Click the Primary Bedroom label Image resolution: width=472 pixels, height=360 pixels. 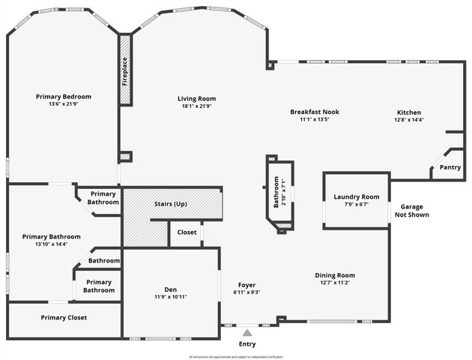64,97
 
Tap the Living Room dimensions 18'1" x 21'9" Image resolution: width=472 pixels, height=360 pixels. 196,106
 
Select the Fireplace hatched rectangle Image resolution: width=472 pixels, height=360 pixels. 125,70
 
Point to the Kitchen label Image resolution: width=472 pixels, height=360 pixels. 408,112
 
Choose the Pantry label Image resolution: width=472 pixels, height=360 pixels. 450,167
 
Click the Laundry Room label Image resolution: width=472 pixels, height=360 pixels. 357,196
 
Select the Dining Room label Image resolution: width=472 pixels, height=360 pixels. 334,275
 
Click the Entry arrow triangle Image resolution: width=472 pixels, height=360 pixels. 247,332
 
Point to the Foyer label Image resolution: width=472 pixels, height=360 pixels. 247,285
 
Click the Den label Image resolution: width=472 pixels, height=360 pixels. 171,289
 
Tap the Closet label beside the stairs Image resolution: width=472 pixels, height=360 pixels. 187,232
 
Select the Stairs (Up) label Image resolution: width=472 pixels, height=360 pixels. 170,204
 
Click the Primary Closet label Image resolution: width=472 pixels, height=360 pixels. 64,317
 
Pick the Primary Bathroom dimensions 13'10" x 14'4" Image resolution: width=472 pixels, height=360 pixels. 51,244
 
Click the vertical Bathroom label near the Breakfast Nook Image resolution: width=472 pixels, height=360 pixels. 276,192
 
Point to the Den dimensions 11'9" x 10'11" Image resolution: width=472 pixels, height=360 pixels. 171,297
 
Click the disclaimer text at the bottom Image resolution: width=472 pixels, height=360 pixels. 236,357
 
